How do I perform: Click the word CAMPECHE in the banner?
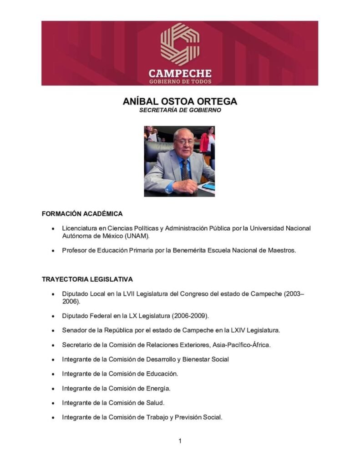point(180,73)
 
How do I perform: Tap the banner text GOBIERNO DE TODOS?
point(180,81)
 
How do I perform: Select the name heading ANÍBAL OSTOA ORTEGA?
point(180,101)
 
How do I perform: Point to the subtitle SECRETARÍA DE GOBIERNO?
point(180,110)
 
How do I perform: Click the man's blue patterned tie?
point(185,171)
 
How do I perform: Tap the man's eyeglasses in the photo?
point(184,142)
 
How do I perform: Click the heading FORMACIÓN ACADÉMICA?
point(82,213)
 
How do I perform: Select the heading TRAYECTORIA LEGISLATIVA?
point(87,279)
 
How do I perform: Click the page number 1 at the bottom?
point(180,441)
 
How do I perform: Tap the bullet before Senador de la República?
point(54,330)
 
